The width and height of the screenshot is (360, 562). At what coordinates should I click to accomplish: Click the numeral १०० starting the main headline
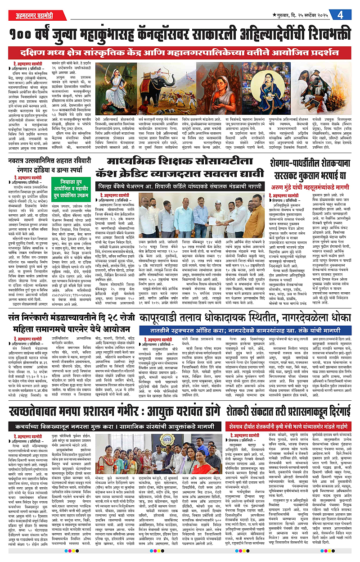point(23,35)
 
